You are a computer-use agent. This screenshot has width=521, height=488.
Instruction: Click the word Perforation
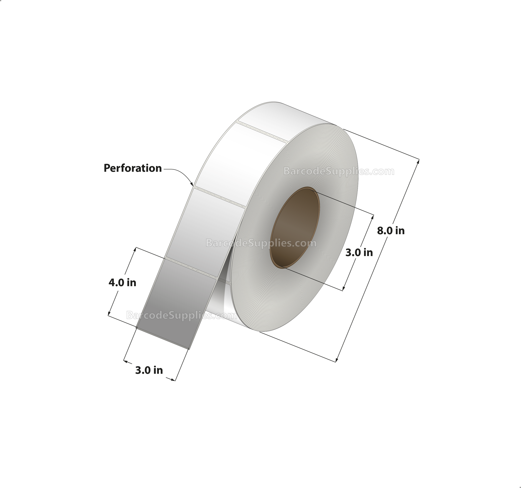coord(133,168)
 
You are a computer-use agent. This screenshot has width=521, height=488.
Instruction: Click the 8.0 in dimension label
coord(391,230)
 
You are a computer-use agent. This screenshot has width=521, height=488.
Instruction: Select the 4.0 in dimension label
coord(122,283)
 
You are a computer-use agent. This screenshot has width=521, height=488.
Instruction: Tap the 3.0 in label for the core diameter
coord(359,253)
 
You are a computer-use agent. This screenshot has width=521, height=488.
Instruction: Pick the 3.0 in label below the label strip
coord(149,370)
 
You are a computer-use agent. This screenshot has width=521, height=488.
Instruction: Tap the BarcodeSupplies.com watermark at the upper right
coord(339,171)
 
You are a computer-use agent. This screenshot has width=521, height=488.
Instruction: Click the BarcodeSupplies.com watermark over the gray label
coord(182,315)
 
